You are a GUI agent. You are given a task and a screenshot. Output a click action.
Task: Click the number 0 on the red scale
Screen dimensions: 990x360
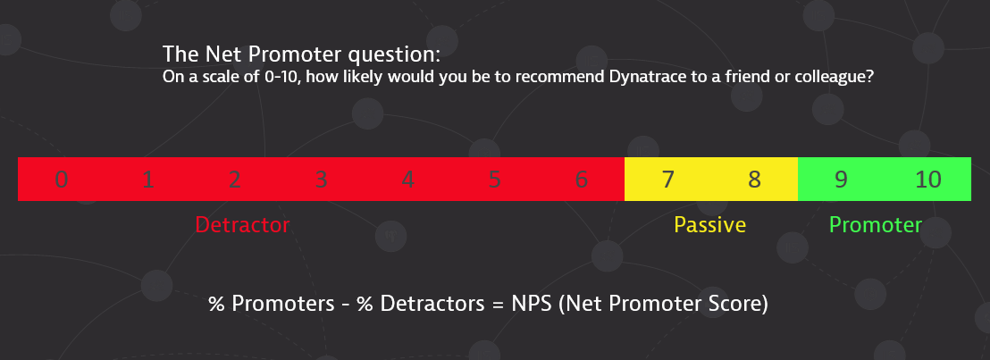62,180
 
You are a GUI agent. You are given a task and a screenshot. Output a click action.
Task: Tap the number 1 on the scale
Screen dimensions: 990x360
147,180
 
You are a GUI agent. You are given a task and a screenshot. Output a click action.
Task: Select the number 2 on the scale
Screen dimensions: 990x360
234,180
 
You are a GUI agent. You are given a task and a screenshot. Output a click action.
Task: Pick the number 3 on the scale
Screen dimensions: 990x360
321,180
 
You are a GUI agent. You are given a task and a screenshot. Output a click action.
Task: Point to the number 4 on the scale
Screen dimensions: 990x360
407,180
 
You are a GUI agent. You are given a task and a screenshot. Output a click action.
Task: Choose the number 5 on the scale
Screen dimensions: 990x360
494,180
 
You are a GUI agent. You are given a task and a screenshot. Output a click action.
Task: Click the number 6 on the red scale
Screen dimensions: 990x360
582,180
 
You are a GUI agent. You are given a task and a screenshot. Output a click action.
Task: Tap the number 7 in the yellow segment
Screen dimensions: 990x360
668,180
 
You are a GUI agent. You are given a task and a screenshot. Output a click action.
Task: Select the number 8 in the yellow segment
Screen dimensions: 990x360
754,180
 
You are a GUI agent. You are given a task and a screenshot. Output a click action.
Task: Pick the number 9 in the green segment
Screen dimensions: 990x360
841,180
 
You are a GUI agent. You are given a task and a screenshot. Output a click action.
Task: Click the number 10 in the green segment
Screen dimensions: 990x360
928,180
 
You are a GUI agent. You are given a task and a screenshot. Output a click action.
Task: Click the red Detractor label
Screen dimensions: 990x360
242,225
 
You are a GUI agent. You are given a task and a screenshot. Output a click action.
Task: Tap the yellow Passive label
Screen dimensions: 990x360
710,225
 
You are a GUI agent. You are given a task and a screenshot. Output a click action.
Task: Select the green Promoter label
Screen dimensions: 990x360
876,225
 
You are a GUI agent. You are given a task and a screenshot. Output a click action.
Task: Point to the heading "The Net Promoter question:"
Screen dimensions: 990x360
302,54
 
